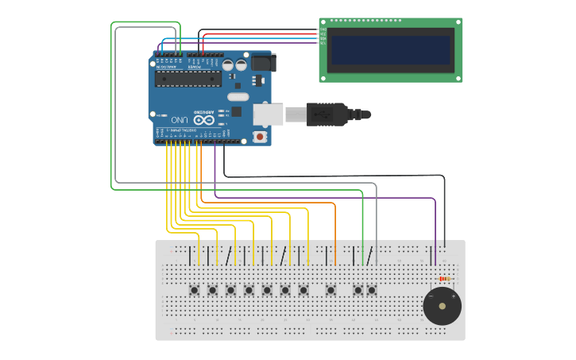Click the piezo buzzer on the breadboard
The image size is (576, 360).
pos(442,306)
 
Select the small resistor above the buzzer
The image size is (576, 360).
pos(444,279)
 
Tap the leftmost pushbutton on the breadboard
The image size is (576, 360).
pos(194,290)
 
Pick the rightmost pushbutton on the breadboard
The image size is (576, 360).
pos(371,290)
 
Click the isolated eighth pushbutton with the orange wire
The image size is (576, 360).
pos(331,290)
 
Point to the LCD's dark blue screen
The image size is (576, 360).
pos(390,49)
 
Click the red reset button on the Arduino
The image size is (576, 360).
pos(260,137)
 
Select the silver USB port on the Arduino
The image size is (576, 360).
pos(268,114)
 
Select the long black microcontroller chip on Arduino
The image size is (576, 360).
pos(188,78)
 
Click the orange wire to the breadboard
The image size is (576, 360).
pos(335,230)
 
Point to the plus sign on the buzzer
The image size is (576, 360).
pos(453,296)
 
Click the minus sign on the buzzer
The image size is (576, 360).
pos(431,296)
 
